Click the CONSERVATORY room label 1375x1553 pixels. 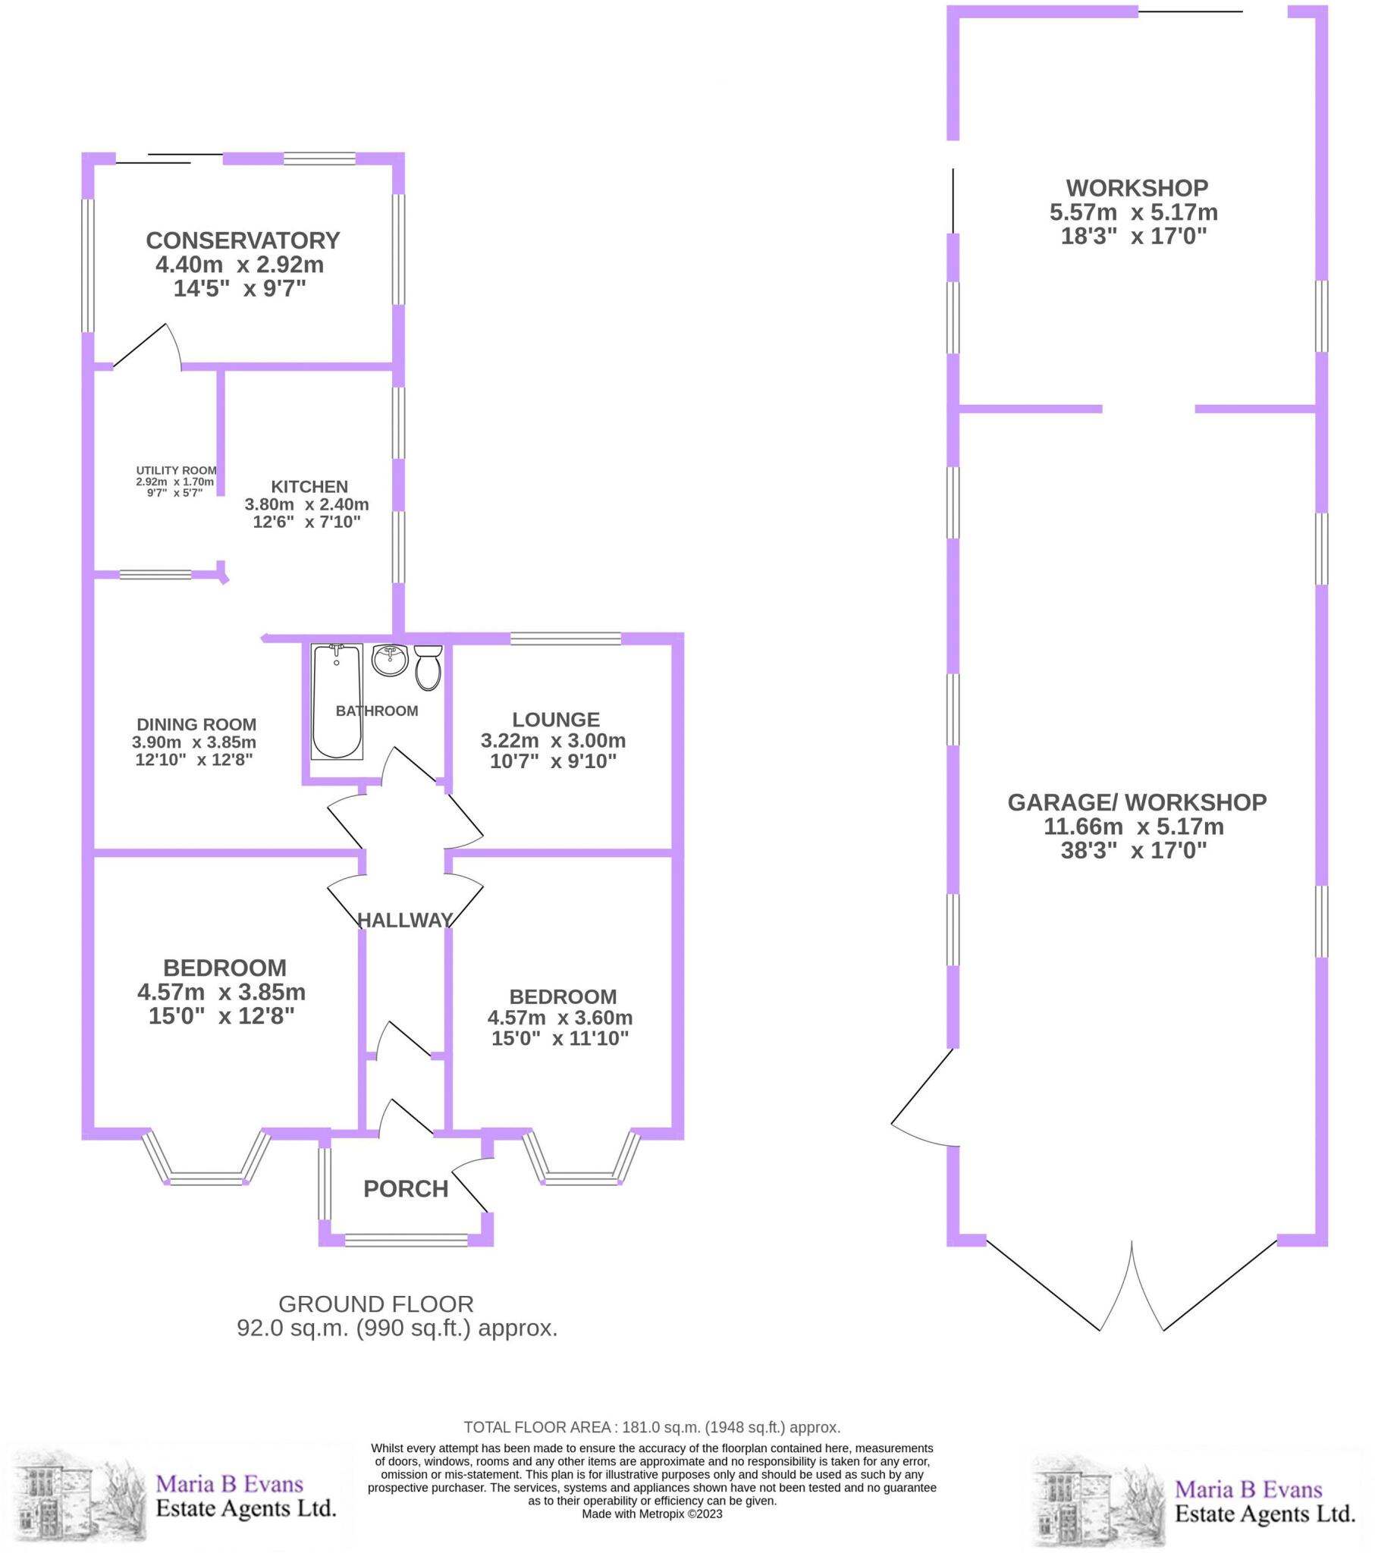243,240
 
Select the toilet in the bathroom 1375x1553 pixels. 429,667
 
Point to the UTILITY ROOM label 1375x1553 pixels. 177,470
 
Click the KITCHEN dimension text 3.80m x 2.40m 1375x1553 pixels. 306,504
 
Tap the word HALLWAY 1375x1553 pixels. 405,920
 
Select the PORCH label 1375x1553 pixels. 406,1189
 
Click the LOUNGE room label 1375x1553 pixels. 556,720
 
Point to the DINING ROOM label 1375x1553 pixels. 196,725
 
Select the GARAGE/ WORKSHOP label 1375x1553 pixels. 1136,802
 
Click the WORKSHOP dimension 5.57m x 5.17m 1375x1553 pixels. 1133,212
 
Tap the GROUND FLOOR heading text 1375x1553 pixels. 375,1304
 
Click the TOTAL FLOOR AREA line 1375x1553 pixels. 652,1427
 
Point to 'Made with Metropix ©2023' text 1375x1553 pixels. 652,1514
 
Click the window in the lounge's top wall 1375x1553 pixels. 566,638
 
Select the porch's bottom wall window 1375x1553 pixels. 406,1240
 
